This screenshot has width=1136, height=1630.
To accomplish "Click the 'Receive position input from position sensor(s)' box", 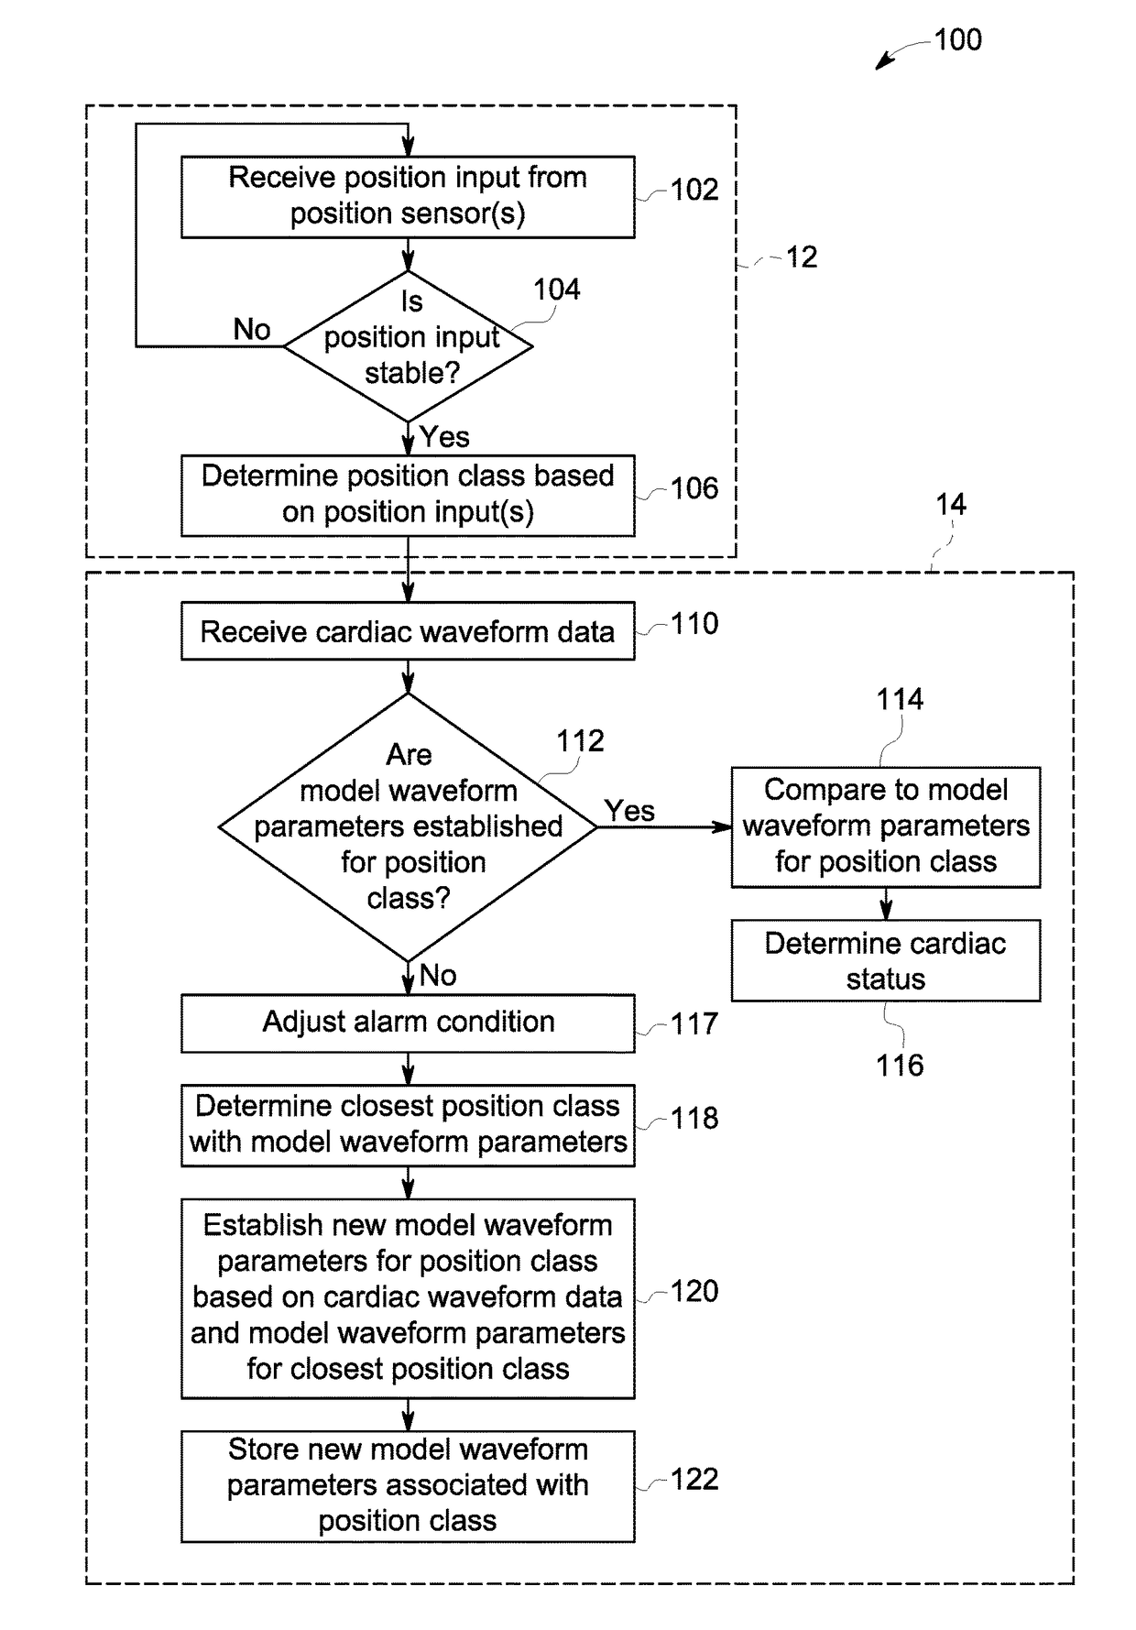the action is click(x=408, y=197).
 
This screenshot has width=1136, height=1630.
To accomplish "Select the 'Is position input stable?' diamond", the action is click(x=408, y=346).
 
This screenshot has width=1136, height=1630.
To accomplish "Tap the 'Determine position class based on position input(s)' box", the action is click(x=408, y=496).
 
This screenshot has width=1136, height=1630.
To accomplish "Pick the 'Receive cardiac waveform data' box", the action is click(x=408, y=631).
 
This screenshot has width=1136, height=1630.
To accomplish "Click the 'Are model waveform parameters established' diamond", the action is click(x=408, y=827).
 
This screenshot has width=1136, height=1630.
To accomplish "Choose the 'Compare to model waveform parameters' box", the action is click(x=886, y=827).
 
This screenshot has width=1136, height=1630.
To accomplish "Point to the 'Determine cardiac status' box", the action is click(x=886, y=960).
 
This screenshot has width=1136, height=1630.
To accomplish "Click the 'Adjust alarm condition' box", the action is click(x=408, y=1023).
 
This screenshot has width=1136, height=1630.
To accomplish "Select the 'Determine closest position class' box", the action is click(x=408, y=1125).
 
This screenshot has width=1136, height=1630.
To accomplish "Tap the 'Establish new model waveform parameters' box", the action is click(x=408, y=1298).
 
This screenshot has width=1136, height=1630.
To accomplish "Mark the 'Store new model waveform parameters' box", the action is click(x=408, y=1486).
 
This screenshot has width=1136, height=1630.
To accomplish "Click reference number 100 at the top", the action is click(x=957, y=39).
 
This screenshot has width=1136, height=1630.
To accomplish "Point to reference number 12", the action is click(x=802, y=257).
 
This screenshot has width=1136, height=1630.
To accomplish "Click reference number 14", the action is click(x=950, y=504).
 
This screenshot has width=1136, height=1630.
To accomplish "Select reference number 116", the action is click(x=900, y=1065).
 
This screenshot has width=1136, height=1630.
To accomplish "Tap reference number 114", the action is click(x=900, y=699).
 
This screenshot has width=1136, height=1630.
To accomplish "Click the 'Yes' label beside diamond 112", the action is click(x=629, y=810).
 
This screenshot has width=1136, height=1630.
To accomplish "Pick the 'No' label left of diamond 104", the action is click(x=252, y=329).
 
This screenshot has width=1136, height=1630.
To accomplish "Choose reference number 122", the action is click(x=694, y=1479).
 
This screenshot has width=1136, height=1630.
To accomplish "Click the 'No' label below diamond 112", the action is click(x=438, y=975).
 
